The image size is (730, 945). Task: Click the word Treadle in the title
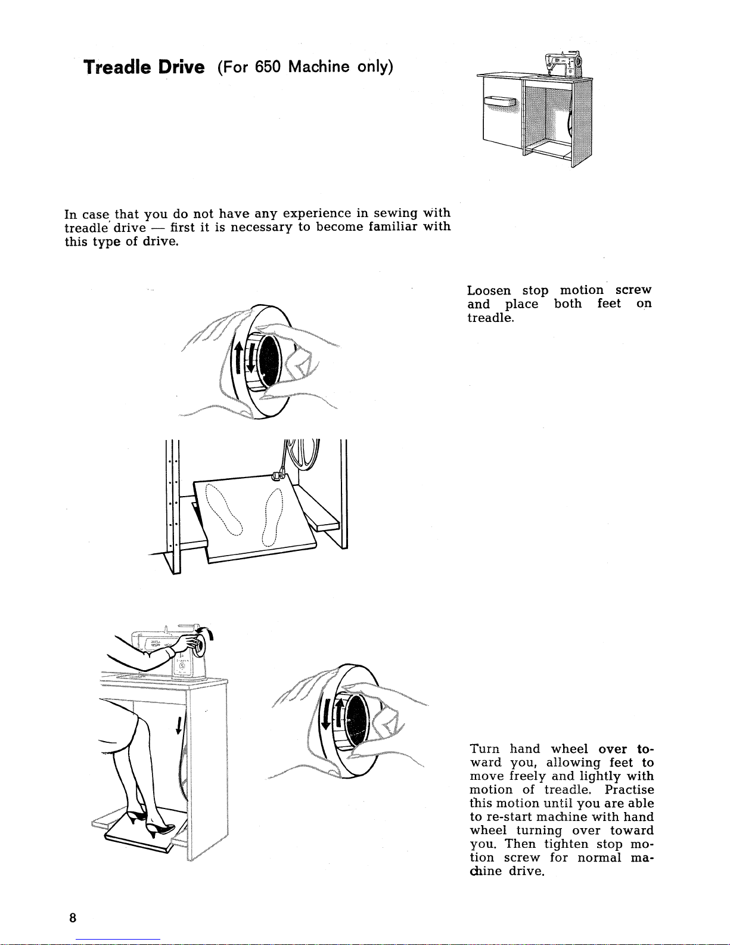click(118, 67)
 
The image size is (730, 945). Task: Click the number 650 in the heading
click(268, 67)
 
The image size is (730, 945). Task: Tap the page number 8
click(72, 918)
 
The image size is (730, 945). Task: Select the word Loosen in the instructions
click(489, 291)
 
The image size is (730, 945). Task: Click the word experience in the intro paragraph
click(316, 213)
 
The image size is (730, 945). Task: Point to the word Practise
click(629, 790)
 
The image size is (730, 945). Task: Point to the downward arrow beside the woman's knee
click(179, 726)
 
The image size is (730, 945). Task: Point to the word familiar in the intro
click(393, 227)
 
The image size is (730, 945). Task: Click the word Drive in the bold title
click(181, 67)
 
